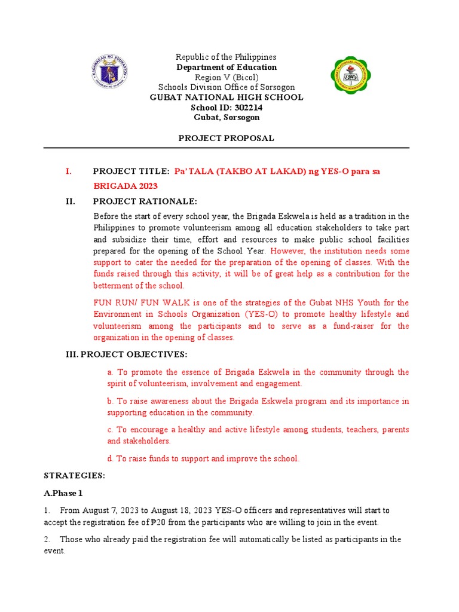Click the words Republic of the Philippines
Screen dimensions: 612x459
tap(226, 57)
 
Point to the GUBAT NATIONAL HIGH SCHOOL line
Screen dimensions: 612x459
tap(226, 97)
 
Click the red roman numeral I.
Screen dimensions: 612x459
tap(69, 172)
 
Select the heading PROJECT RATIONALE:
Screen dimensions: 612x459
tap(145, 201)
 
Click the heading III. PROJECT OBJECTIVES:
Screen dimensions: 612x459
tap(126, 354)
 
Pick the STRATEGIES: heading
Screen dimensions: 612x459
tap(75, 476)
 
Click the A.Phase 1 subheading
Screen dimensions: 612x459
tap(64, 493)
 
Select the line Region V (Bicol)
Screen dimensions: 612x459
tap(226, 77)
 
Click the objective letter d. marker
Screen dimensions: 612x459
tap(111, 458)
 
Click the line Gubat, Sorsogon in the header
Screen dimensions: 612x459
tap(226, 118)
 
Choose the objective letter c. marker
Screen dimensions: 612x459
tap(111, 430)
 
